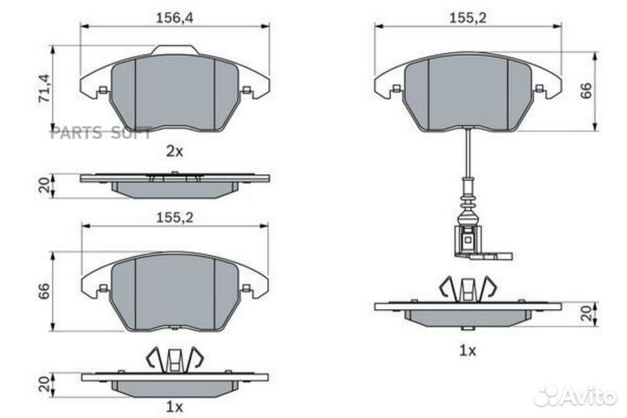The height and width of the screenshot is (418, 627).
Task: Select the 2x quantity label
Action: pyautogui.click(x=174, y=151)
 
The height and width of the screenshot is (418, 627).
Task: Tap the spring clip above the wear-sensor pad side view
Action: pyautogui.click(x=469, y=287)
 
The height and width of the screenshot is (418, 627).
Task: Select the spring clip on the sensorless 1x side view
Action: pyautogui.click(x=175, y=357)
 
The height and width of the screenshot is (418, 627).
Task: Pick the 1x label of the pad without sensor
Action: pyautogui.click(x=174, y=407)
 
